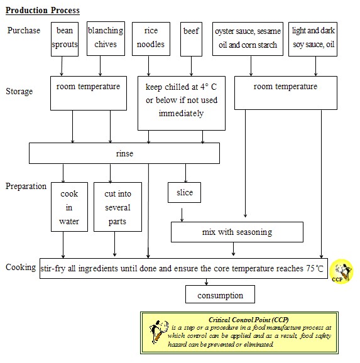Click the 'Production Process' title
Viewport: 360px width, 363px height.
42,11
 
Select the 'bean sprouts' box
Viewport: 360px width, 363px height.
65,38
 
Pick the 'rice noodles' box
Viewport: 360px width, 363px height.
150,38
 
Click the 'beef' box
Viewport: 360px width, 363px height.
190,38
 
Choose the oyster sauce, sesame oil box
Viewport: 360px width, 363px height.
246,38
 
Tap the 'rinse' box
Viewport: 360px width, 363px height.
124,153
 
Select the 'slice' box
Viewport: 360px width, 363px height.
184,193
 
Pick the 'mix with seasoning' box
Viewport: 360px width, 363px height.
237,232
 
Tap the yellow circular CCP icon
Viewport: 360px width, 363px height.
342,271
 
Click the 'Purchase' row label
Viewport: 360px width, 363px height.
24,31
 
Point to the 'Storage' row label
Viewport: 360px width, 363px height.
19,92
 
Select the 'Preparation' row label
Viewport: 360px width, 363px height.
26,187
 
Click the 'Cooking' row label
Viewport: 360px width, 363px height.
21,267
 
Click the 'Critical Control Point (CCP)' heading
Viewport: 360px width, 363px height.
248,320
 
